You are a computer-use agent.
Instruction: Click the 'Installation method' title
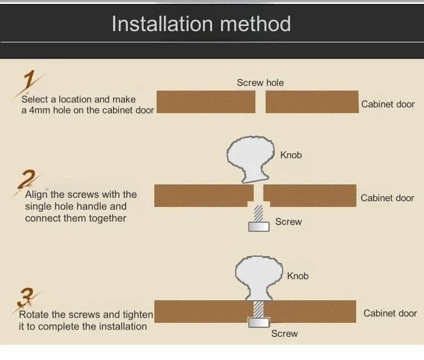tap(201, 24)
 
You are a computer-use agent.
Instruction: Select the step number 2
tap(27, 179)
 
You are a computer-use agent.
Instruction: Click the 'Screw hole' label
tap(261, 83)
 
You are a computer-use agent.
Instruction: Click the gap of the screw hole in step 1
tap(261, 102)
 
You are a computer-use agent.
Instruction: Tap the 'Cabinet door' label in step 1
tap(388, 105)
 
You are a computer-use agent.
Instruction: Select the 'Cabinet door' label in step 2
tap(387, 198)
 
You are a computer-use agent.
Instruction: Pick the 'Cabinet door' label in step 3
tap(390, 314)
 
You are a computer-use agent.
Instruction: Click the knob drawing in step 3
tap(259, 278)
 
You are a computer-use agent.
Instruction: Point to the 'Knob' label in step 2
tap(291, 155)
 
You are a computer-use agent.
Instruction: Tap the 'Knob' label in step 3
tap(298, 276)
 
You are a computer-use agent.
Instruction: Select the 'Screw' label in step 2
tap(288, 222)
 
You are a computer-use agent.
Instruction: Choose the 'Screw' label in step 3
tap(284, 334)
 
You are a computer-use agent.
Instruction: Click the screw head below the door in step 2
tap(259, 227)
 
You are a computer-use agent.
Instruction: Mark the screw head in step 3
tap(259, 323)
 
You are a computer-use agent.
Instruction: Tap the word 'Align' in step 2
tap(36, 195)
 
